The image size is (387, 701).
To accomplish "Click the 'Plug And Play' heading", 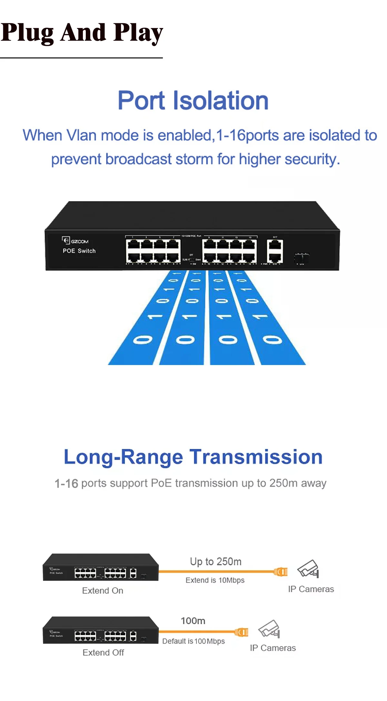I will point(82,33).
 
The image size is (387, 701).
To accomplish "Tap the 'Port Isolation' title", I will point(193,100).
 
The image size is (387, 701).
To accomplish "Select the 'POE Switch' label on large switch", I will point(79,251).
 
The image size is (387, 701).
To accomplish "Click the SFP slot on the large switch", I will point(302,258).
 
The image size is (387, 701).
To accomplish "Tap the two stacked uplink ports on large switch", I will point(275,251).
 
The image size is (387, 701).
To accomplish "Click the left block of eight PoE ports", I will point(153,251).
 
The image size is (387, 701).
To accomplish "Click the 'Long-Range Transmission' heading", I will point(193,457).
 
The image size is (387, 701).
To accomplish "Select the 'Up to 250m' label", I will point(215,562).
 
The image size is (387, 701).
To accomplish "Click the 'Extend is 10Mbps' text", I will point(215,580).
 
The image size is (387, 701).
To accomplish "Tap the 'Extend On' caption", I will point(103,591).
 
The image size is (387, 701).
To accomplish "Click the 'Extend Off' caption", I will point(103,653).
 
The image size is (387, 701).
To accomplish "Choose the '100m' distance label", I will point(193,621).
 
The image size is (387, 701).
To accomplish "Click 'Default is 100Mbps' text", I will point(193,641).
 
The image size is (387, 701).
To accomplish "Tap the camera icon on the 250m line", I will point(308,569).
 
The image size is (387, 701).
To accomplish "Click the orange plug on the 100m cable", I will point(242,632).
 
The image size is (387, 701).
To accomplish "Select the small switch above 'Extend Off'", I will point(101,630).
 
